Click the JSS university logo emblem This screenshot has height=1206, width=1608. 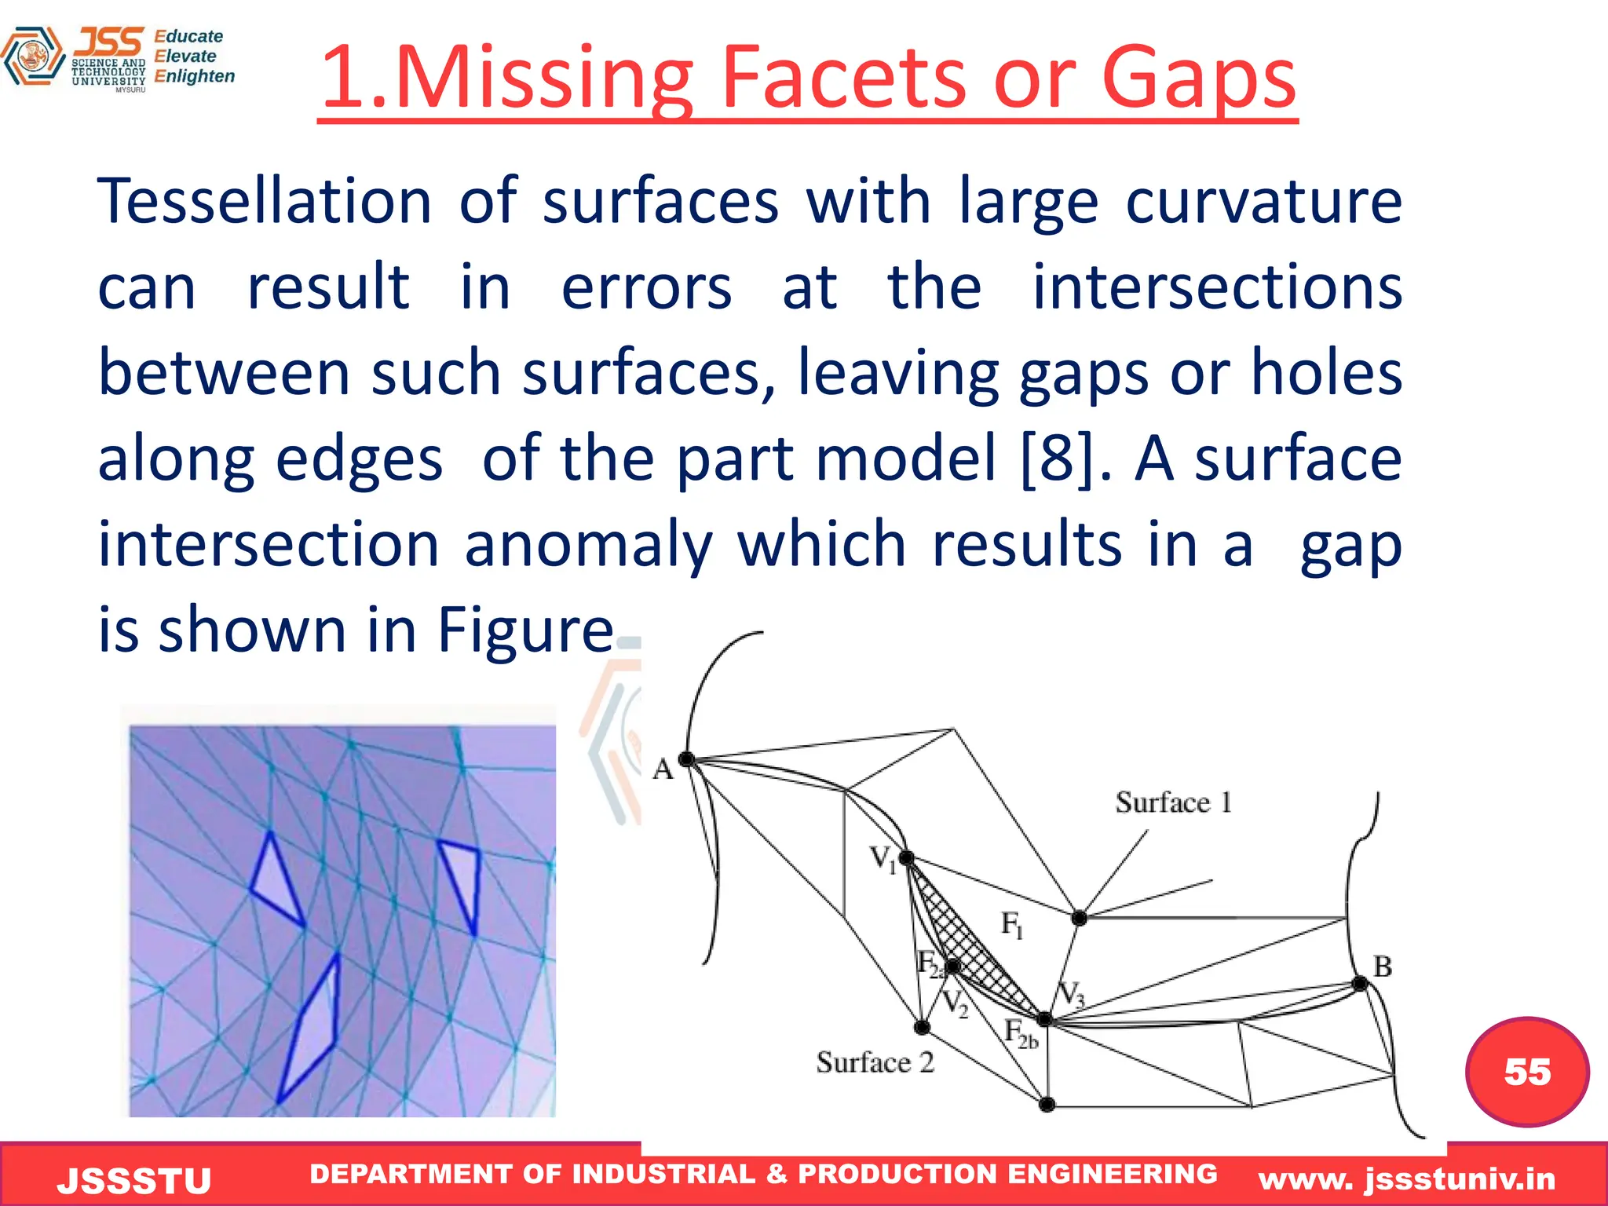point(33,57)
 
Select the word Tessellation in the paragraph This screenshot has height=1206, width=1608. point(264,202)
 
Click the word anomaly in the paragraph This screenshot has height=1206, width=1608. point(588,544)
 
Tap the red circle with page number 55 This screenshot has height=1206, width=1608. point(1526,1071)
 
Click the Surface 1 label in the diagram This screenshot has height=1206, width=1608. point(1173,802)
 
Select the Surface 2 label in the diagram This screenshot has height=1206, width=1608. point(875,1062)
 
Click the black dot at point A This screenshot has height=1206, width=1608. point(686,759)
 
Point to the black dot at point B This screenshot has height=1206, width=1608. point(1360,984)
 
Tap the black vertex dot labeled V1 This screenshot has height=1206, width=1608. point(906,858)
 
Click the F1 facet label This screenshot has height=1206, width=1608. point(1012,924)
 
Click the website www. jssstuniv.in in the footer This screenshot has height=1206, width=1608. point(1406,1179)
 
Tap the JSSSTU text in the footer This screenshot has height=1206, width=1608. point(134,1181)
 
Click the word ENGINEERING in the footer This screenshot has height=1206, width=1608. point(1112,1174)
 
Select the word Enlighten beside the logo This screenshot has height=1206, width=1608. point(194,76)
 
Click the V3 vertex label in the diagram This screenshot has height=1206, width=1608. point(1071,996)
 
